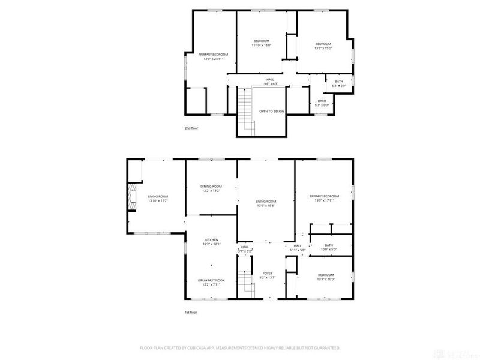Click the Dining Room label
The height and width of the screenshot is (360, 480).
click(211, 186)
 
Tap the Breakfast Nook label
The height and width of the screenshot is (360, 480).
click(211, 280)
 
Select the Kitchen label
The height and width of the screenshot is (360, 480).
click(211, 240)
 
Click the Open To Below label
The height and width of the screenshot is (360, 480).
click(271, 111)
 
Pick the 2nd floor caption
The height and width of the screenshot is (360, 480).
click(191, 128)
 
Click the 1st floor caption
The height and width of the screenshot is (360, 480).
click(191, 312)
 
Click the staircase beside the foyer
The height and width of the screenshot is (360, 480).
click(243, 280)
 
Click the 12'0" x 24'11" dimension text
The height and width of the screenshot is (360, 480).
click(214, 59)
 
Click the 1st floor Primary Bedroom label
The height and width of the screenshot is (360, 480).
click(325, 196)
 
